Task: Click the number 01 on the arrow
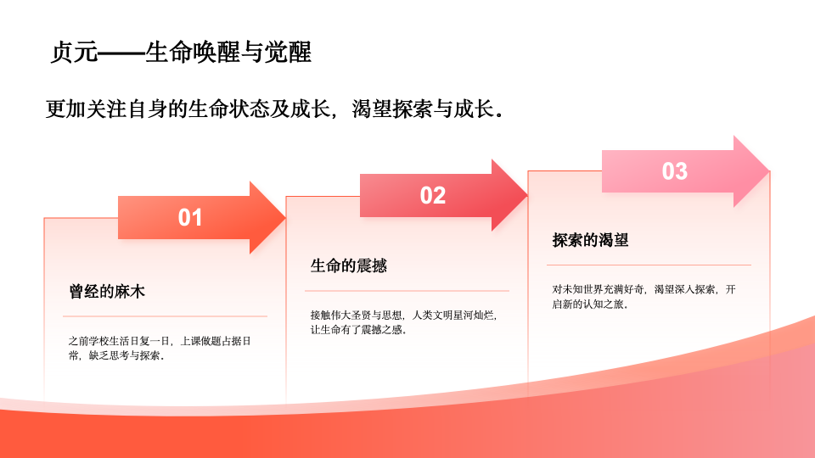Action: pyautogui.click(x=189, y=218)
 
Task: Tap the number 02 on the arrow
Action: pyautogui.click(x=432, y=195)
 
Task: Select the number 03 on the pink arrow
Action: pyautogui.click(x=675, y=171)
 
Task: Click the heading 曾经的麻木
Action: pyautogui.click(x=107, y=291)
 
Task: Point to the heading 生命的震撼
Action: pyautogui.click(x=349, y=265)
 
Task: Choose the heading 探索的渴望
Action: pyautogui.click(x=591, y=240)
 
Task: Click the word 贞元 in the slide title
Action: pyautogui.click(x=74, y=52)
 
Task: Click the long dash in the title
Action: pyautogui.click(x=121, y=53)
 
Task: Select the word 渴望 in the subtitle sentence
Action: pyautogui.click(x=372, y=109)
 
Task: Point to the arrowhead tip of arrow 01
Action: pyautogui.click(x=285, y=218)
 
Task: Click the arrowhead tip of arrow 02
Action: pyautogui.click(x=527, y=195)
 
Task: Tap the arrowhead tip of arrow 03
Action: pyautogui.click(x=770, y=171)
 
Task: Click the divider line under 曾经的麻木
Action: pyautogui.click(x=165, y=316)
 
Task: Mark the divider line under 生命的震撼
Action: pyautogui.click(x=407, y=291)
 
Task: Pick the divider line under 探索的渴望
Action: pyautogui.click(x=649, y=265)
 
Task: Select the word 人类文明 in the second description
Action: pyautogui.click(x=432, y=316)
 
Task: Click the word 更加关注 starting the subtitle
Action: pyautogui.click(x=86, y=109)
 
